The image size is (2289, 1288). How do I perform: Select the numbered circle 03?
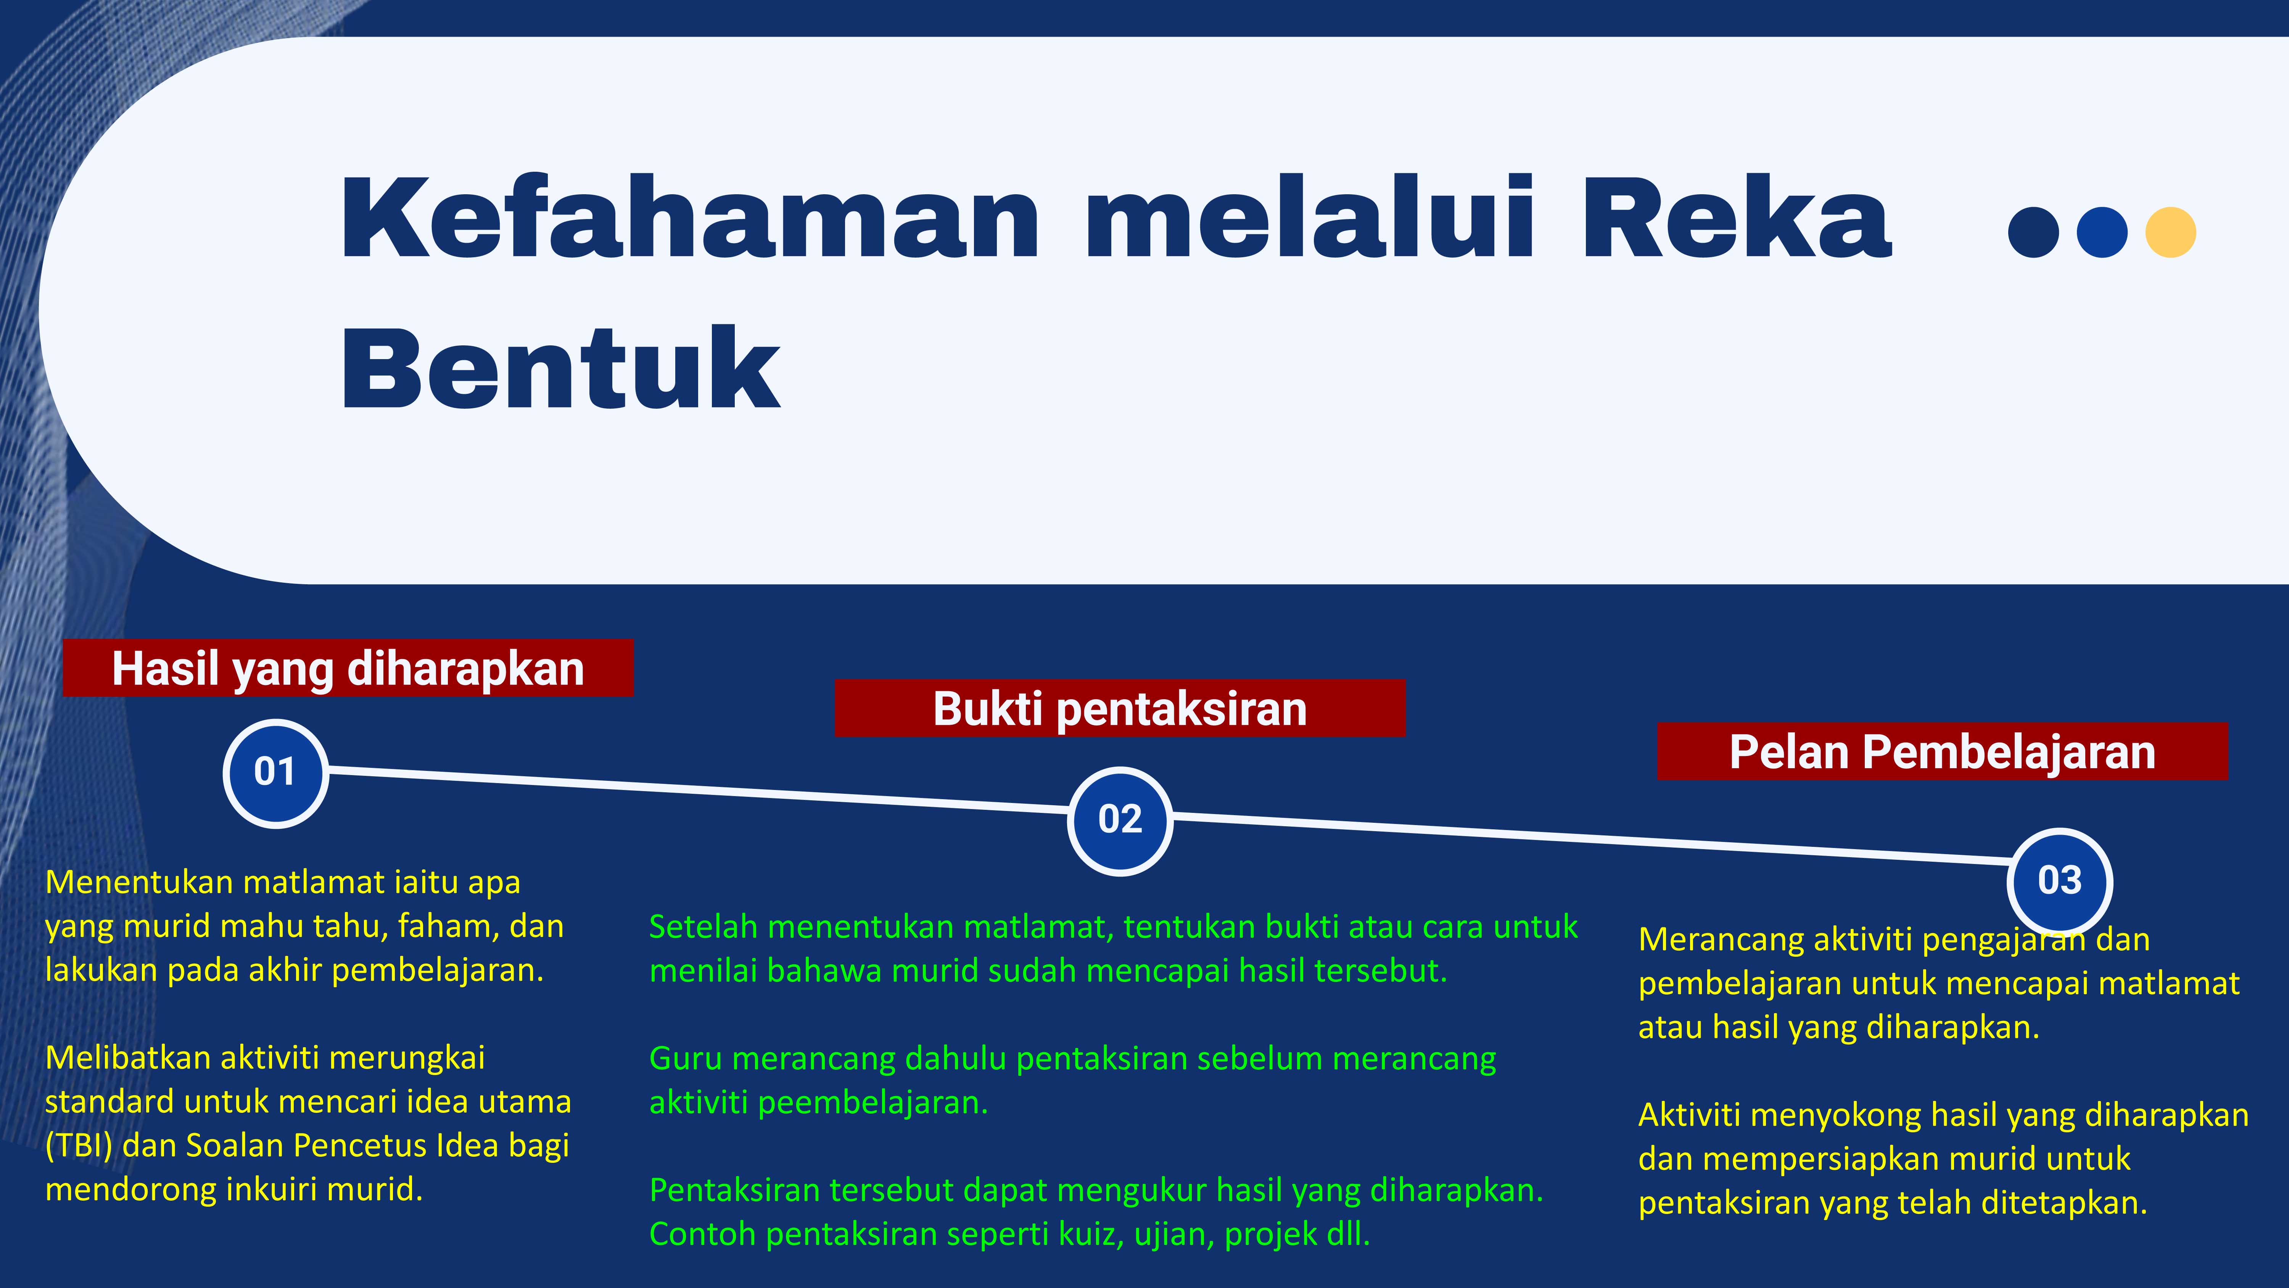click(x=2060, y=881)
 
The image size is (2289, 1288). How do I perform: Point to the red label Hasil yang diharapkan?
click(x=348, y=667)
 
